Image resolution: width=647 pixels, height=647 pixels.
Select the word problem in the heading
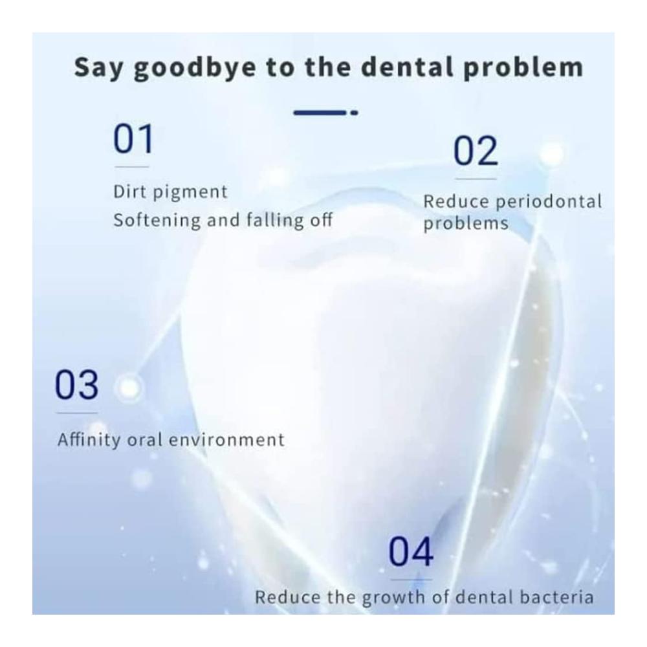pyautogui.click(x=523, y=68)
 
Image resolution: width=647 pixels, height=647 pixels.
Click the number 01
pyautogui.click(x=133, y=139)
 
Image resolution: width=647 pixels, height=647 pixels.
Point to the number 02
pyautogui.click(x=476, y=151)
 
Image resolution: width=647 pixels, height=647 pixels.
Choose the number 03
pyautogui.click(x=77, y=385)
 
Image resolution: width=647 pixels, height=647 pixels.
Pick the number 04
pyautogui.click(x=411, y=552)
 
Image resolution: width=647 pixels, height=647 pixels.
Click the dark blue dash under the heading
pyautogui.click(x=325, y=112)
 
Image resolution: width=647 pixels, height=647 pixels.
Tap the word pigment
pyautogui.click(x=190, y=193)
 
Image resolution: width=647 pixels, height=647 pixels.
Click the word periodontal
pyautogui.click(x=549, y=203)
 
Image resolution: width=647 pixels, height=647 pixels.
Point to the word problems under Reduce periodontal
pyautogui.click(x=466, y=224)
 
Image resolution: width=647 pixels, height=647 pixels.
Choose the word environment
pyautogui.click(x=226, y=440)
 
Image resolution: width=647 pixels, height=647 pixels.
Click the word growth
pyautogui.click(x=388, y=598)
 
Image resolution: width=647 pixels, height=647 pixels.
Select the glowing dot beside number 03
pyautogui.click(x=129, y=388)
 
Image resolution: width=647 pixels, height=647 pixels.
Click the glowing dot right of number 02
pyautogui.click(x=552, y=153)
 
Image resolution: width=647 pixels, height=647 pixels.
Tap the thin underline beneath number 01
pyautogui.click(x=131, y=167)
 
